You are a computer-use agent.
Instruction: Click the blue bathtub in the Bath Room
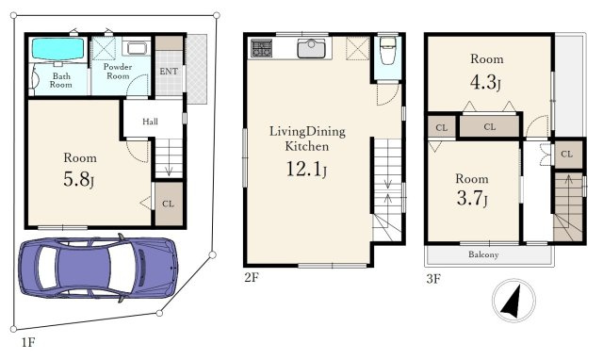57,49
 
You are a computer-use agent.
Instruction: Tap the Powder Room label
118,72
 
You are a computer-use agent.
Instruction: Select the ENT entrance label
169,72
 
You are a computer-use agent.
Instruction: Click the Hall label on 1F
150,122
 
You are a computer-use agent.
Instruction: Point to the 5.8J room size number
79,179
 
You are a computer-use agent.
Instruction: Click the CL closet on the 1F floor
169,204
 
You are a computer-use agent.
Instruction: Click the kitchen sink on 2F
311,48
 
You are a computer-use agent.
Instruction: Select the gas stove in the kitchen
262,48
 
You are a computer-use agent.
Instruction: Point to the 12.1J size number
306,170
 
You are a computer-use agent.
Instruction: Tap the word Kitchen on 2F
306,146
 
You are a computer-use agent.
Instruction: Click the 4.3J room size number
485,82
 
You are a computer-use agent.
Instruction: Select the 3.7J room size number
472,199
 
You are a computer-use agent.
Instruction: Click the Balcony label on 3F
483,254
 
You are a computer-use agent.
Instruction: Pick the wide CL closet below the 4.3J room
490,126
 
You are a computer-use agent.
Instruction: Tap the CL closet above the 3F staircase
568,155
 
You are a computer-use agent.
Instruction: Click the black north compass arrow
513,301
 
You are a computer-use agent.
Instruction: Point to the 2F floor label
252,278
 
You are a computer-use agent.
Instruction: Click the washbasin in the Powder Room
137,48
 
